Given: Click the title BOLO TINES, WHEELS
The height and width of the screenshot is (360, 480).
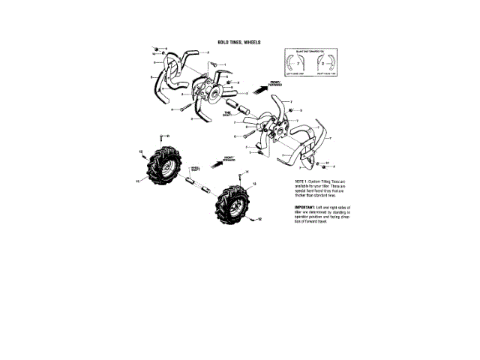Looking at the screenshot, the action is (239, 43).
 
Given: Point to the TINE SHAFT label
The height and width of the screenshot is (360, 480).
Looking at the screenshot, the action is (226, 112).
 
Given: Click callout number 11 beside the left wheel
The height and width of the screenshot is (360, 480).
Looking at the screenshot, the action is (136, 179).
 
